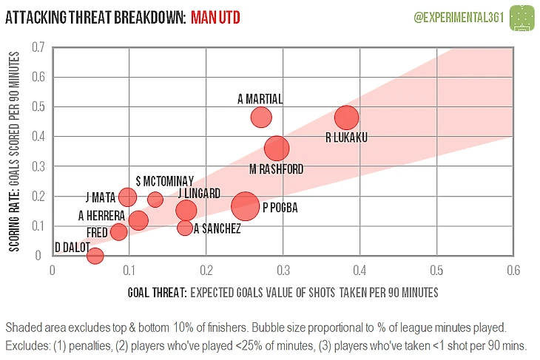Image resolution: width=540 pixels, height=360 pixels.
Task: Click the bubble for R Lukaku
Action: click(x=346, y=118)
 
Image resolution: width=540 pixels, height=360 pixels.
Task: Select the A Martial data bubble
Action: click(x=261, y=117)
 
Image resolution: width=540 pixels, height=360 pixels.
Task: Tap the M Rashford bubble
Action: click(x=277, y=148)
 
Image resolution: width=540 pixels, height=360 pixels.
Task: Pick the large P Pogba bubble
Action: click(x=246, y=206)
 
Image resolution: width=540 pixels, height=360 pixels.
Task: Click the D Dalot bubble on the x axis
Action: click(x=95, y=256)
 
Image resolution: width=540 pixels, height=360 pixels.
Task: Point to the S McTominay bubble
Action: click(x=155, y=199)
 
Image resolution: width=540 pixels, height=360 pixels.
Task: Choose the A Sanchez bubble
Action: click(x=185, y=228)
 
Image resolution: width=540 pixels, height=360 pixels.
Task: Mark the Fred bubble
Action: click(x=119, y=232)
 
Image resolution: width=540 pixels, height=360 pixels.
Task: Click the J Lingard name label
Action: click(x=199, y=194)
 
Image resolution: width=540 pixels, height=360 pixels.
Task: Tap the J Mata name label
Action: click(x=101, y=197)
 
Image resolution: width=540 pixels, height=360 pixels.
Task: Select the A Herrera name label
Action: click(x=101, y=216)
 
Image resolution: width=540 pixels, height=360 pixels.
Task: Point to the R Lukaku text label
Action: click(x=346, y=137)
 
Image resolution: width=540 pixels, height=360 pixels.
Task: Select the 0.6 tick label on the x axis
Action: click(x=512, y=270)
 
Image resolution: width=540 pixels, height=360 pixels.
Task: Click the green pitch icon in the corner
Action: click(x=524, y=15)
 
